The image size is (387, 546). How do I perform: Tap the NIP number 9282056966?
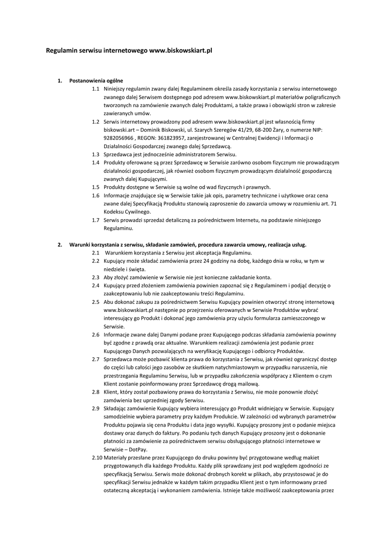click(119, 138)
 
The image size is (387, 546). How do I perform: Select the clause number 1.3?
click(96, 154)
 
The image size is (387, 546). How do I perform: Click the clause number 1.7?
click(96, 220)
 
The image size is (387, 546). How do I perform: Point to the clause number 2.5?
click(96, 302)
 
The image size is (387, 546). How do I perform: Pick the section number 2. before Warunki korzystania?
click(60, 245)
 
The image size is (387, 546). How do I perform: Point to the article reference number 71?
click(334, 203)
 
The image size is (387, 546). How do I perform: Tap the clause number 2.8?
click(96, 392)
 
